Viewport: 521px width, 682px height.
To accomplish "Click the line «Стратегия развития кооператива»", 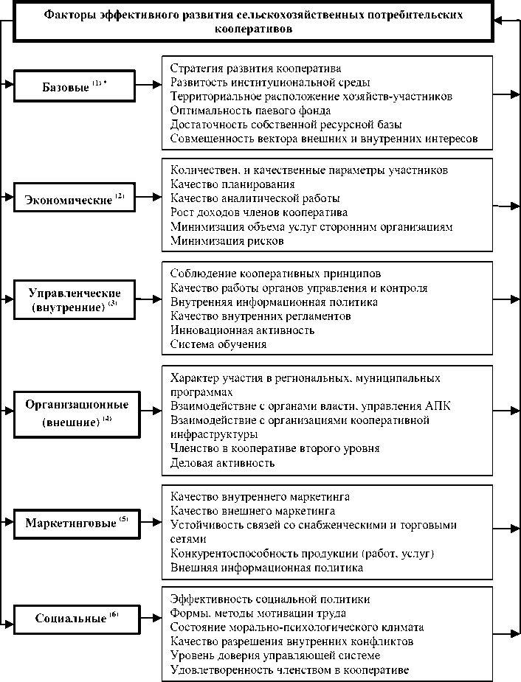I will point(255,69).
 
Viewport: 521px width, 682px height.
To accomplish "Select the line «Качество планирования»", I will point(232,184).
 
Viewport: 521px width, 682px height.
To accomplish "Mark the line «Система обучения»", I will point(218,344).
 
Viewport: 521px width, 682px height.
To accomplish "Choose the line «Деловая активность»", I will point(222,462).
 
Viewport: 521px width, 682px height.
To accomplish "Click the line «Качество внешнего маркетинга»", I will point(252,510).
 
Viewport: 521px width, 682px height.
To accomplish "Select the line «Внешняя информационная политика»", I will point(266,568).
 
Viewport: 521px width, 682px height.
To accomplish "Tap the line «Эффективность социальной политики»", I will point(269,599).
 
